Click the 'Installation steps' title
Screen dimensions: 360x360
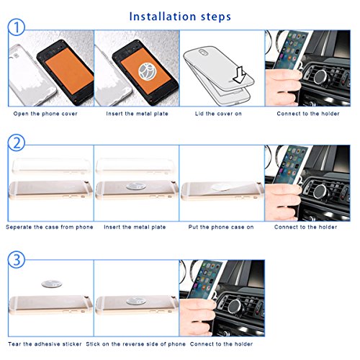tap(180, 17)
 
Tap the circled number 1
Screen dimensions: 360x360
tap(17, 27)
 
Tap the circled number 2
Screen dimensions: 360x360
tap(17, 143)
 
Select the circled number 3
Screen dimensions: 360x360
tap(17, 259)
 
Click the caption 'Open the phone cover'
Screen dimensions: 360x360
tap(45, 114)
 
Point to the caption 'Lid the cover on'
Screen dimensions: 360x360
tap(218, 114)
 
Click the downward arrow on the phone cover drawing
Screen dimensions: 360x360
tap(239, 75)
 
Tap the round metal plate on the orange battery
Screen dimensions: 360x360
tap(148, 71)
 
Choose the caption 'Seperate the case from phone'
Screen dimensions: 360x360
tap(50, 227)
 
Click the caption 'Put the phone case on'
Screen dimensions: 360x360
tap(221, 227)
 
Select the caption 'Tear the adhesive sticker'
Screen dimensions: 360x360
tap(45, 344)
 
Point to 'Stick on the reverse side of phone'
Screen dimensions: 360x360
tap(136, 344)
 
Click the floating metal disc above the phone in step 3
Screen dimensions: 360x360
tap(52, 284)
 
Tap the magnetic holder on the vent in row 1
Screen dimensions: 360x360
tap(322, 77)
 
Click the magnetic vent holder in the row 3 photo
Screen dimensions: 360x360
tap(236, 307)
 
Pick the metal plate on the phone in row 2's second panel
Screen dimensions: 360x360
tap(136, 186)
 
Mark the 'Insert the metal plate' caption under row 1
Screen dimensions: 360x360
tap(137, 114)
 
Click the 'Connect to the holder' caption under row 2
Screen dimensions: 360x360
tap(305, 227)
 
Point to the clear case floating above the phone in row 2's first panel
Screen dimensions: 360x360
tap(52, 166)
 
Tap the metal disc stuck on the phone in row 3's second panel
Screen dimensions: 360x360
tap(136, 301)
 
